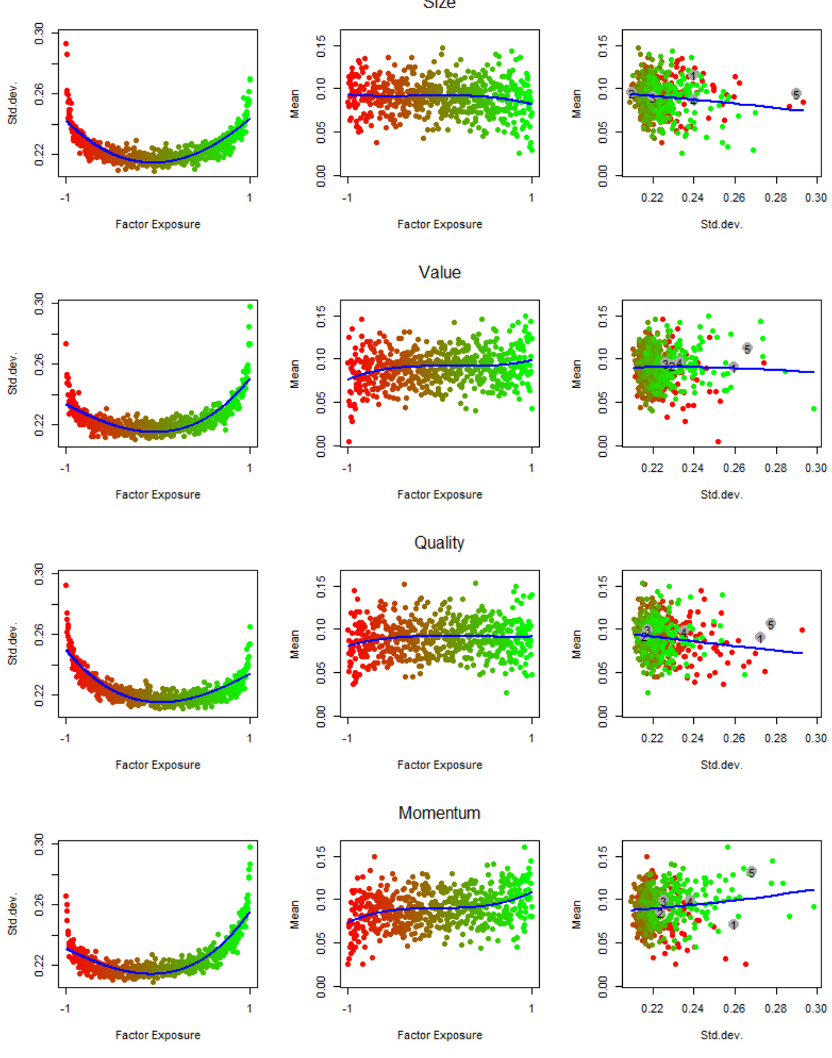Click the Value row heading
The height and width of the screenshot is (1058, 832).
click(439, 273)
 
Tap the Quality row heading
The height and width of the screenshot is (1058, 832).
click(439, 543)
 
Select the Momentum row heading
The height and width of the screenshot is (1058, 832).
click(439, 813)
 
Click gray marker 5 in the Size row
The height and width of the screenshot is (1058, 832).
click(796, 94)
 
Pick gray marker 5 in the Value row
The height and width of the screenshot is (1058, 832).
click(747, 348)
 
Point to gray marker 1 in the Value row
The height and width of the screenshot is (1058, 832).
click(734, 367)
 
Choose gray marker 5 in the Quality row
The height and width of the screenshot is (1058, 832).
click(771, 624)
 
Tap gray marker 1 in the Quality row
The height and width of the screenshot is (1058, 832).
click(760, 637)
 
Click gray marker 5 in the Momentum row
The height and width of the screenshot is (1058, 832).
click(751, 872)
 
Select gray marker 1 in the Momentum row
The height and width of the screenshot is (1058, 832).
click(733, 924)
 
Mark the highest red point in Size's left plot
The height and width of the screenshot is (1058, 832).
click(66, 44)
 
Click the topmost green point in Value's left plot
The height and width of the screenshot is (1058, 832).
click(250, 306)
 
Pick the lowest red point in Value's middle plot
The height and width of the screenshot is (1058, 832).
click(349, 442)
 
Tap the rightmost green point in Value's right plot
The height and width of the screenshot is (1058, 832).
click(814, 409)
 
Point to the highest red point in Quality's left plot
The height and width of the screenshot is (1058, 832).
click(66, 585)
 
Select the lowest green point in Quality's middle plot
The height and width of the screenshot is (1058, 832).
click(506, 693)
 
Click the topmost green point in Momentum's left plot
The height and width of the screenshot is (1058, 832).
click(250, 847)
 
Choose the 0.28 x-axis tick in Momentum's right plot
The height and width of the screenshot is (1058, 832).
click(776, 1009)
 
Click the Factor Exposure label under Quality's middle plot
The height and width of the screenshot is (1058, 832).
click(440, 765)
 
